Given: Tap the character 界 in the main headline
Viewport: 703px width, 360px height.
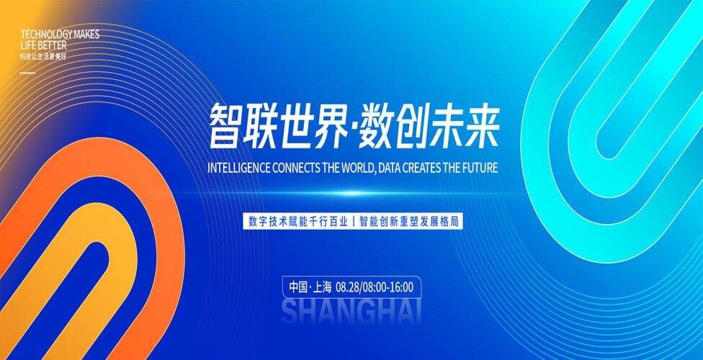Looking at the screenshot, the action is (x=331, y=127).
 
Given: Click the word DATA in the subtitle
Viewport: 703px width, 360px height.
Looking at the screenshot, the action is (x=389, y=168).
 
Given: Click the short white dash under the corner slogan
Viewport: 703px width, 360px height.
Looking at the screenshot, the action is (x=28, y=72).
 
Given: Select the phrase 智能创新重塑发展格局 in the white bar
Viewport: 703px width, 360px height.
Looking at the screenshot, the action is (x=410, y=222).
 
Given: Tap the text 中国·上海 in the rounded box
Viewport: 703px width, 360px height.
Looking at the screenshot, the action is (x=310, y=287).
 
